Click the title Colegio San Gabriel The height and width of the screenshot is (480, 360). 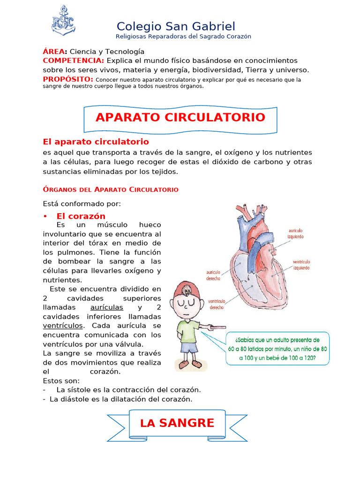coord(176,26)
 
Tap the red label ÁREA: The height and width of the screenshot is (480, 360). coord(55,52)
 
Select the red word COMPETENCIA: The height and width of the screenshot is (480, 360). coord(74,60)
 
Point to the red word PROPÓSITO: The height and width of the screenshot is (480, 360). coord(68,79)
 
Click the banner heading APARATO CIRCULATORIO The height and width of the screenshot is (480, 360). coord(180,117)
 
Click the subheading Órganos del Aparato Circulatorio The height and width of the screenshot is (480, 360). coord(111,189)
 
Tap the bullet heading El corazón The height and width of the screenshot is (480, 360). coord(81,216)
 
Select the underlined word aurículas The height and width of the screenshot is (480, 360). coord(106,307)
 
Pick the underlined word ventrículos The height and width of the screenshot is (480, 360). coord(63,325)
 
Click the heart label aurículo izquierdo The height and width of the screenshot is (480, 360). coord(295,233)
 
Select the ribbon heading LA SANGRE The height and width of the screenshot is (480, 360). coord(177,423)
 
